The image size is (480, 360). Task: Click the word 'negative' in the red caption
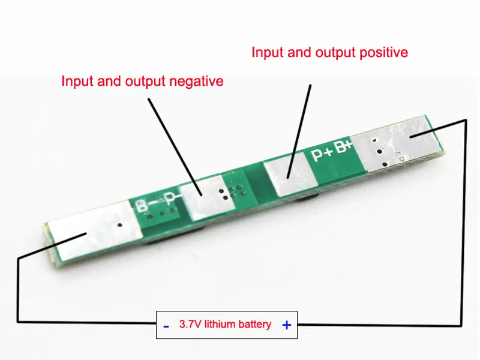196,81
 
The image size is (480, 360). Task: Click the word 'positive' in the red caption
382,53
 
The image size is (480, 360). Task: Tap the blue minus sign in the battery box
166,326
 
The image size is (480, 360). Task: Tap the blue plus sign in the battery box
287,325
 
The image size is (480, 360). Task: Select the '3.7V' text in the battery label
190,325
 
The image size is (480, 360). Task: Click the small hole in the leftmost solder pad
120,226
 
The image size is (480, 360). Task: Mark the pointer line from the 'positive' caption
300,129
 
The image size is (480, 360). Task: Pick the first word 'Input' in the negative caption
76,81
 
